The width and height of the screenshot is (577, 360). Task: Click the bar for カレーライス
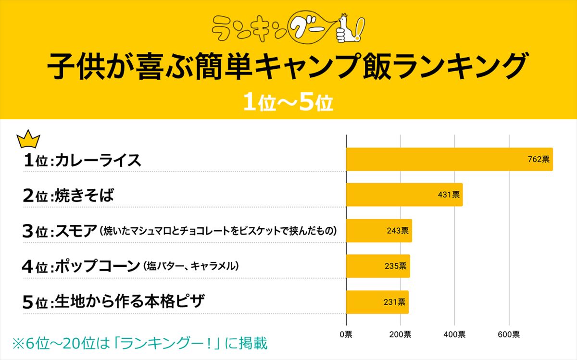click(449, 159)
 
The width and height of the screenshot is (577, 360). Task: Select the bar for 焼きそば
click(404, 195)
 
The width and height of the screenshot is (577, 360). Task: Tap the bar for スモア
click(379, 231)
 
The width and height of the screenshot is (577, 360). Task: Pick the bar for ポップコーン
click(378, 266)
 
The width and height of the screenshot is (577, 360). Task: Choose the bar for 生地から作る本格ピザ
click(377, 302)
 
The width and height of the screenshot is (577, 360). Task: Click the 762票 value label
click(538, 159)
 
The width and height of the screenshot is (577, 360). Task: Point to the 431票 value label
click(448, 195)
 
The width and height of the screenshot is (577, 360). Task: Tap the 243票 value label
click(397, 231)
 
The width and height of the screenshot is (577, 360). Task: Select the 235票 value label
click(395, 266)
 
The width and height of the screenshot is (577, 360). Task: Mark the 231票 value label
click(394, 302)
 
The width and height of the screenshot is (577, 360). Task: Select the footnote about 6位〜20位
click(139, 344)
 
